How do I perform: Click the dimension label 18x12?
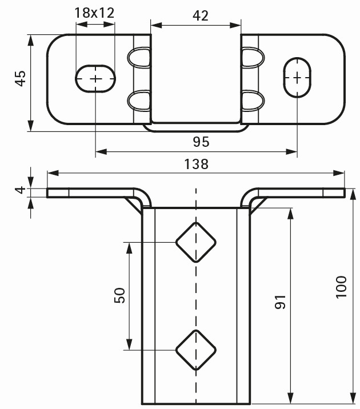coord(95,13)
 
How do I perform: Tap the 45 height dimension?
coord(21,78)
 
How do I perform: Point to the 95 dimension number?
coord(201,141)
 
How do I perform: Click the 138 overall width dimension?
coord(195,164)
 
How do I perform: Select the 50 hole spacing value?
coord(119,295)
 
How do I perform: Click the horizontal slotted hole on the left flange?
coord(95,78)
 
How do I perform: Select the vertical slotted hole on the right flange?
coord(298,78)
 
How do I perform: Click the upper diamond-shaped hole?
coord(195,242)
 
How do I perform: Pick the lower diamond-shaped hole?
coord(195,348)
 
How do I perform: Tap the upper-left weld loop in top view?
coord(138,57)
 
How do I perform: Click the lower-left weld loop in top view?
coord(138,101)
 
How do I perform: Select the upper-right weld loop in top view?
coord(252,57)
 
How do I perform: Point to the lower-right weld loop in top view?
coord(252,101)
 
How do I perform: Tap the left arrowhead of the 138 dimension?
coord(51,173)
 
